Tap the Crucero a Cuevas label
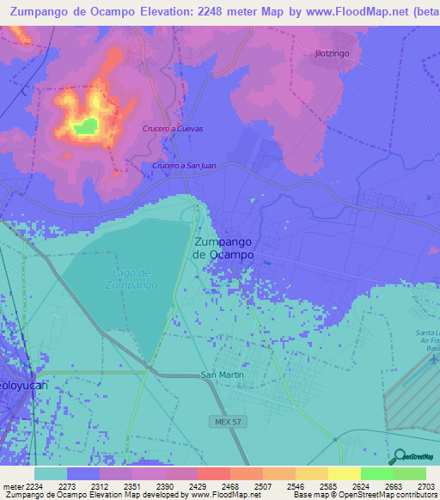tap(173, 129)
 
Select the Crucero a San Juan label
tap(184, 166)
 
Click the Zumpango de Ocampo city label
tap(223, 248)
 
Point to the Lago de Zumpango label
tap(134, 278)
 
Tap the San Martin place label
tap(223, 375)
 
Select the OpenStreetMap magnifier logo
tap(398, 456)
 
